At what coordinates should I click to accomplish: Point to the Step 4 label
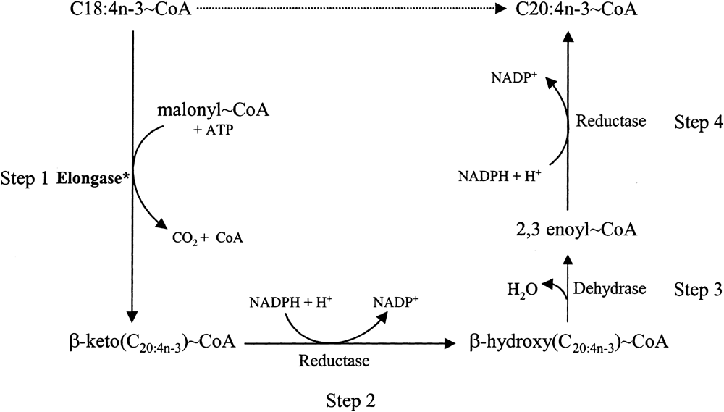tap(698, 122)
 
